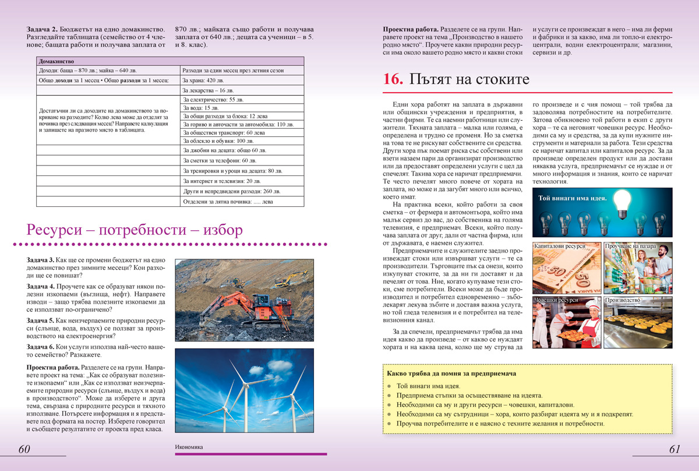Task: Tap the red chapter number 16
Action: (393, 79)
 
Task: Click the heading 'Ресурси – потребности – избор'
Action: (135, 230)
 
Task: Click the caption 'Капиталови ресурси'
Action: (559, 247)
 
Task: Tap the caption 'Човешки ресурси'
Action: (556, 300)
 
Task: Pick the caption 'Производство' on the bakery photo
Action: (623, 300)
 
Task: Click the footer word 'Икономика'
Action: (188, 447)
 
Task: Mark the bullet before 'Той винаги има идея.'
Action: (389, 386)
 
